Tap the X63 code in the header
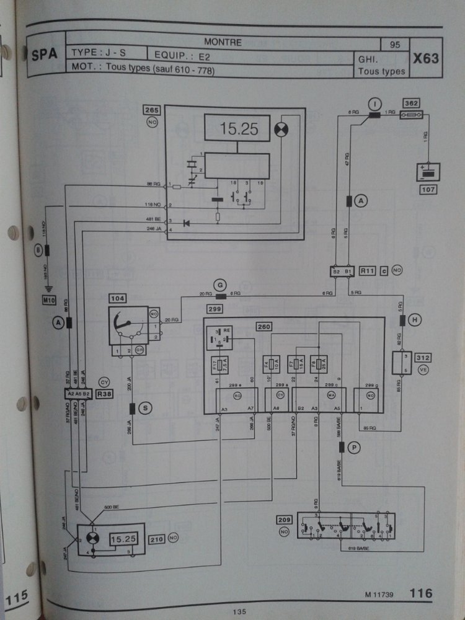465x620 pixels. [426, 60]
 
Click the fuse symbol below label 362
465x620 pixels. [410, 115]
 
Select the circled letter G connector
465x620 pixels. [220, 285]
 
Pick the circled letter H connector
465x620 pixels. [415, 320]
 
